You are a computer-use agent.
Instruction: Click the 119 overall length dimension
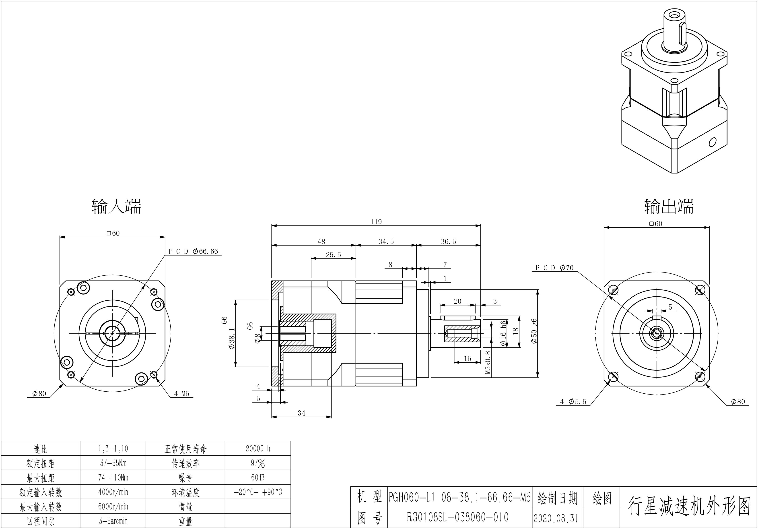pyautogui.click(x=376, y=222)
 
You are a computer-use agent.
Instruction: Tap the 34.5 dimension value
pyautogui.click(x=386, y=242)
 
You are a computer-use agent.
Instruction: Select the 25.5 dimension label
pyautogui.click(x=333, y=255)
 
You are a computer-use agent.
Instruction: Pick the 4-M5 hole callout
pyautogui.click(x=181, y=394)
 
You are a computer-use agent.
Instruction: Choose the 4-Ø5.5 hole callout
pyautogui.click(x=573, y=402)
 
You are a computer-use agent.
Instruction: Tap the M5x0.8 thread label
pyautogui.click(x=488, y=362)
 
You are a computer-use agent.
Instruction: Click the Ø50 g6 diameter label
pyautogui.click(x=534, y=331)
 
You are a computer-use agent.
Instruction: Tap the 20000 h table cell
pyautogui.click(x=258, y=448)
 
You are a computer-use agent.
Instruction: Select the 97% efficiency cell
pyautogui.click(x=258, y=463)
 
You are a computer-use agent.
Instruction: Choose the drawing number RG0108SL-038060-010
pyautogui.click(x=457, y=517)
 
